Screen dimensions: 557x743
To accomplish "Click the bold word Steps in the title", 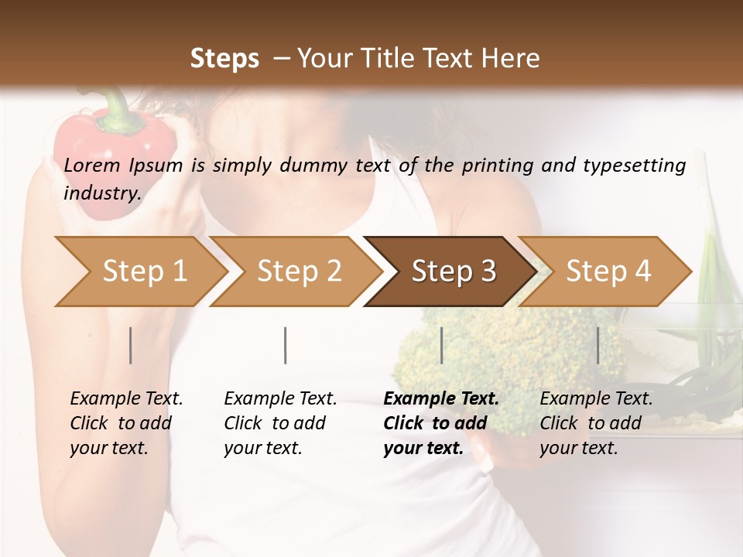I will click(x=224, y=59).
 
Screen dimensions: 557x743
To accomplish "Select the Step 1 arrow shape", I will click(x=144, y=272).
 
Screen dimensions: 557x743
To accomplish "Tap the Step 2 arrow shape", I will click(x=299, y=272).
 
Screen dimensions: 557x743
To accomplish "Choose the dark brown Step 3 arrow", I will click(x=454, y=272).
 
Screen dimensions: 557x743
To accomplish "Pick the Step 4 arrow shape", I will click(x=608, y=272).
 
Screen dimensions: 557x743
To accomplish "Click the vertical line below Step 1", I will click(x=131, y=345).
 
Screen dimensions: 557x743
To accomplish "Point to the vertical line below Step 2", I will click(x=286, y=345).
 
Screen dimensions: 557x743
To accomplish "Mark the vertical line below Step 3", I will click(x=441, y=345).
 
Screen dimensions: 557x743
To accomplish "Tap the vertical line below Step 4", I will click(x=597, y=345).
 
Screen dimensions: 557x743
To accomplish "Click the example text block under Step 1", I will click(x=125, y=423).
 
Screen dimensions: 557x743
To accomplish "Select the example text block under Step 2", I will click(x=279, y=423).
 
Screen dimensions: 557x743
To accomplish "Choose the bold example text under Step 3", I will click(x=440, y=423).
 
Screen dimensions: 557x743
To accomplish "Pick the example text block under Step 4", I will click(x=595, y=423).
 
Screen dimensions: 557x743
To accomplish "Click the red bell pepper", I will click(x=116, y=151).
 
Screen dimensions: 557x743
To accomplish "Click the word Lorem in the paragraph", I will click(x=92, y=165).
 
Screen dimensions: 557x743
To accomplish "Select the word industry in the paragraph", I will click(x=101, y=193).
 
